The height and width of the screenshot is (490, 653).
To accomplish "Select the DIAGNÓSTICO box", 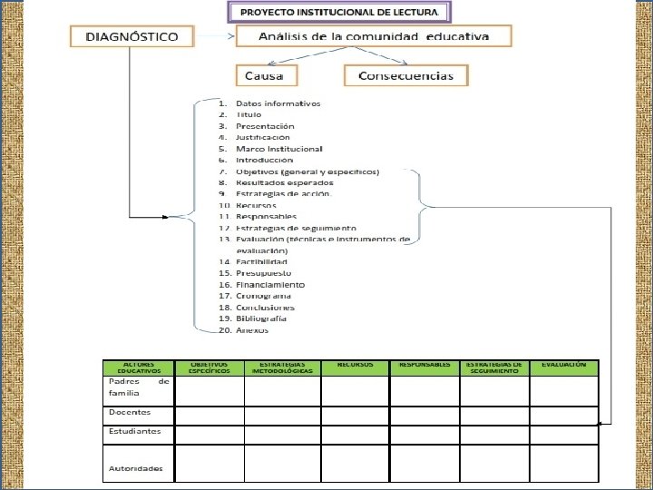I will point(132,37).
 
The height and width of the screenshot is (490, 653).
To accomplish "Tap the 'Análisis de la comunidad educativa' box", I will point(373,37).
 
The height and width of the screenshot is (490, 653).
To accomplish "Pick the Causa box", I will point(266,75).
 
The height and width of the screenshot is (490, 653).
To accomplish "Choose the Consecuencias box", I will point(405,75).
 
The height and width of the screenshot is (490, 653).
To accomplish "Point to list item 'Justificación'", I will point(263,137).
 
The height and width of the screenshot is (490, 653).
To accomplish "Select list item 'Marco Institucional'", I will point(278,149).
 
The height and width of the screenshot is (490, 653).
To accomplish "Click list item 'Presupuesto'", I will point(264,273).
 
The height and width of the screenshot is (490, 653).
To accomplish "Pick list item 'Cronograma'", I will point(263,296).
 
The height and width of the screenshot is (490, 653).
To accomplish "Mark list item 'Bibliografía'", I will point(261,318).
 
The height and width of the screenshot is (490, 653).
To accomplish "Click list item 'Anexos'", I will point(252,330).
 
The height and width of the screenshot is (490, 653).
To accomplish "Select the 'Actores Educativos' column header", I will point(138,367).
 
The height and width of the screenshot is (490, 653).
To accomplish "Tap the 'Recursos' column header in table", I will point(356,365).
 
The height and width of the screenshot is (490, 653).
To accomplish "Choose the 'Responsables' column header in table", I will point(424,365).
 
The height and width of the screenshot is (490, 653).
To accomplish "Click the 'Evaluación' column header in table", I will point(564,365).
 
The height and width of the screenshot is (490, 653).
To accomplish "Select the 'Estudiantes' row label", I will point(134,431).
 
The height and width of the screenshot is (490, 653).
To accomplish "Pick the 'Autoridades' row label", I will point(136,468).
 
